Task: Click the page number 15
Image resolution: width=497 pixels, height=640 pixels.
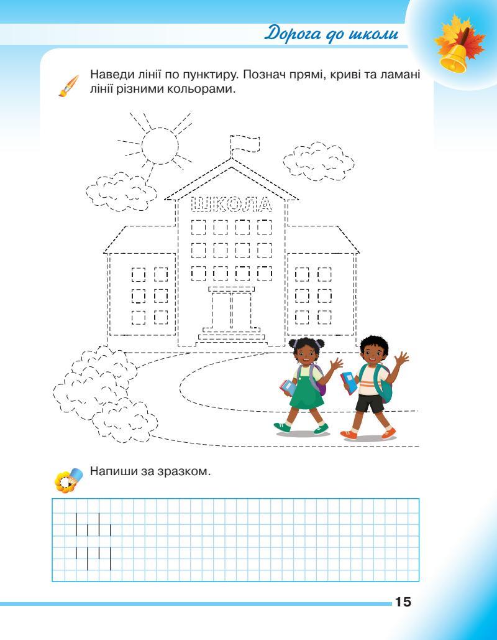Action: click(x=402, y=602)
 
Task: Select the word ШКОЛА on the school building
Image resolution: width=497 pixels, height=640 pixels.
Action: click(x=230, y=203)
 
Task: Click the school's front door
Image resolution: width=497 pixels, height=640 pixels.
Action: click(x=231, y=310)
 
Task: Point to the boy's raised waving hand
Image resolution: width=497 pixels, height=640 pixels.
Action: click(x=401, y=359)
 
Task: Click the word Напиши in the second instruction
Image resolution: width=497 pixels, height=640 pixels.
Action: click(x=112, y=472)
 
